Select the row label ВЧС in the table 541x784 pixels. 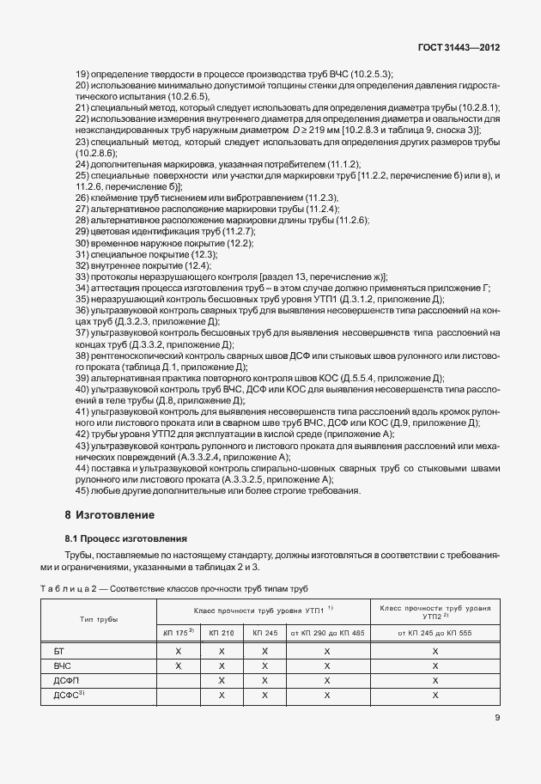61,665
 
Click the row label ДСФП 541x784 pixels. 64,680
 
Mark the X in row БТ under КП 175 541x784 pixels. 178,652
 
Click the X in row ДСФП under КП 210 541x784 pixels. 221,680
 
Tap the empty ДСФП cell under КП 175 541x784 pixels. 178,680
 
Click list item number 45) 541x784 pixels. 82,490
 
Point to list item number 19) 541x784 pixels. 82,75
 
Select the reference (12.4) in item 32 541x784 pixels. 182,266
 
